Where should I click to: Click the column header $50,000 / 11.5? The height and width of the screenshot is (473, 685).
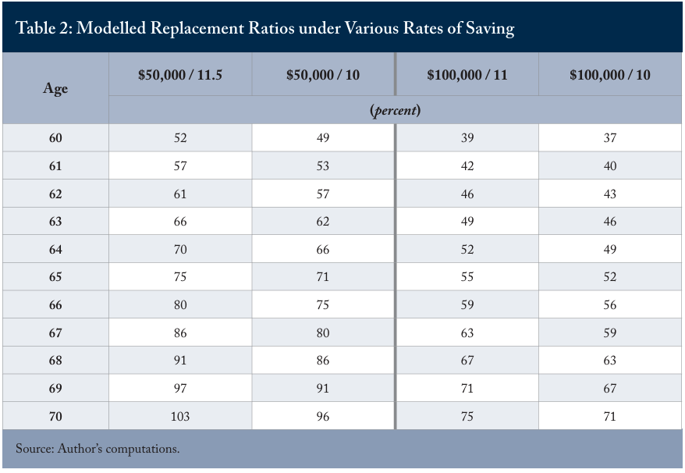coord(180,75)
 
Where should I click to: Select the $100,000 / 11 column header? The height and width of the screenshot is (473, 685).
coord(467,75)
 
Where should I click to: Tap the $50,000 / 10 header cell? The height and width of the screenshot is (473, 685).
coord(323,75)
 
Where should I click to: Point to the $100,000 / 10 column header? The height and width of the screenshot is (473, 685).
coord(610,75)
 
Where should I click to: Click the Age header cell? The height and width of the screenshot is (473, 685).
coord(55,89)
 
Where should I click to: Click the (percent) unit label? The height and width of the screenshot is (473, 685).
coord(396,110)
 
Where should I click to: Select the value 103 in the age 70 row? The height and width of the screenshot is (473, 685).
coord(180,416)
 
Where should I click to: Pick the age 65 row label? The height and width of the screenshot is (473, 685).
coord(55,277)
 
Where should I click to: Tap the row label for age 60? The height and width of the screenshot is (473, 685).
coord(55,137)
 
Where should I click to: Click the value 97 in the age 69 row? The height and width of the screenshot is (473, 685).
coord(180,388)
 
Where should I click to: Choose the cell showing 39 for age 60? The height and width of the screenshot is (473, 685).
coord(467,137)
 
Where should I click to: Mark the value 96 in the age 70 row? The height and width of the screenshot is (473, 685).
coord(323,416)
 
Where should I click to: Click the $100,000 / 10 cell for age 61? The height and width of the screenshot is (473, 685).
coord(610,165)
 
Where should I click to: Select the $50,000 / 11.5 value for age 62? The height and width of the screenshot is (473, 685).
coord(180,194)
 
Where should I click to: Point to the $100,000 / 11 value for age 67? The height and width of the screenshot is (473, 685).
coord(467,333)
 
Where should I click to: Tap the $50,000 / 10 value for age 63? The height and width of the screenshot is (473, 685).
coord(323,221)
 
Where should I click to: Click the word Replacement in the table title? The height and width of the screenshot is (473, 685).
coord(197,28)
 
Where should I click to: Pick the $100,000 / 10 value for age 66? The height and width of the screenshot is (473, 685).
coord(610,304)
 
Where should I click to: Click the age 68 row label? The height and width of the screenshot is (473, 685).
coord(55,361)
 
